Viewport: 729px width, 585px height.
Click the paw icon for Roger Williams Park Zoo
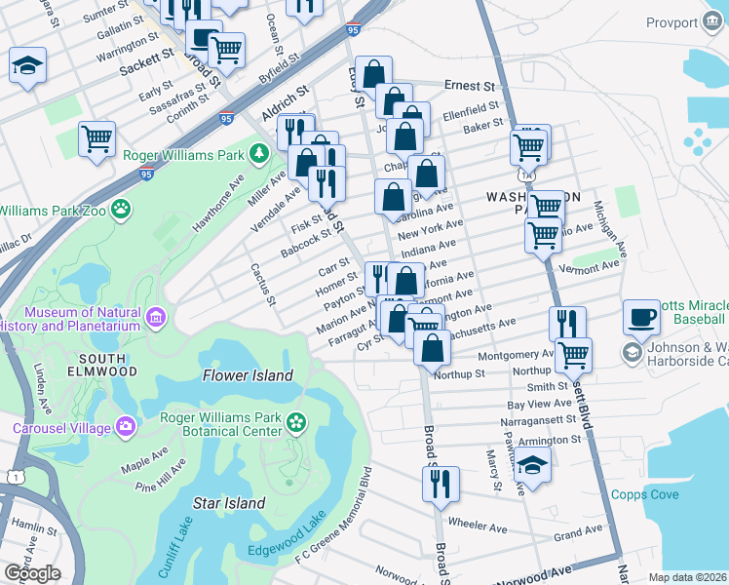(120, 208)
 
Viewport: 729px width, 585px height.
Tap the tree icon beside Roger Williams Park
(258, 153)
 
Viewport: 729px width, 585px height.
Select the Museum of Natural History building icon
(155, 317)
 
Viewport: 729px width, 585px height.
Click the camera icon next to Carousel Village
(125, 426)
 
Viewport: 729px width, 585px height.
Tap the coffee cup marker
(640, 315)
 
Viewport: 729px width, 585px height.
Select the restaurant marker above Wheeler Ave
(440, 481)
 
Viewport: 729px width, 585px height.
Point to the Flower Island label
(248, 375)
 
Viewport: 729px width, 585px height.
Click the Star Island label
(229, 503)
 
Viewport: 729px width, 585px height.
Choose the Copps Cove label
(645, 494)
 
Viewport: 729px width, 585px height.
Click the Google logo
(32, 573)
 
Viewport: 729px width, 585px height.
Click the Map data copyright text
(687, 577)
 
